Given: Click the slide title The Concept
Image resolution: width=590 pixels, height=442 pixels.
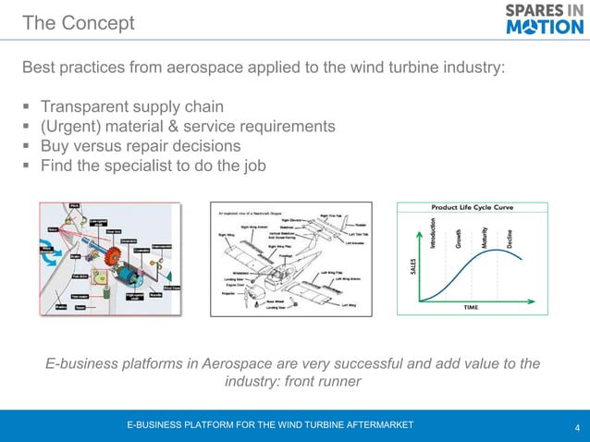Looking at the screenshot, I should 78,23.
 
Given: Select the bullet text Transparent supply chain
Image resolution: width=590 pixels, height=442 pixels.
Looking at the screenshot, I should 131,106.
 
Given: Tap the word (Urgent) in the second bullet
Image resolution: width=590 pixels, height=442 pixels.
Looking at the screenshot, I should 73,126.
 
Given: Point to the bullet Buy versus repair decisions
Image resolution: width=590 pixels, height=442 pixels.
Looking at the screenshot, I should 141,146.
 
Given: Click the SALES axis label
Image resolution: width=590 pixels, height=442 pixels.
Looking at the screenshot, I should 412,266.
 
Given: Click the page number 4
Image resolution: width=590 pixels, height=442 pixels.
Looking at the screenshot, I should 577,427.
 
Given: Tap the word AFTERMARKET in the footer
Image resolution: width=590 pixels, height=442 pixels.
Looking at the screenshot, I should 375,424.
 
